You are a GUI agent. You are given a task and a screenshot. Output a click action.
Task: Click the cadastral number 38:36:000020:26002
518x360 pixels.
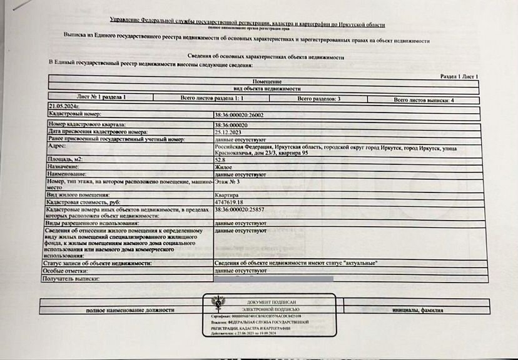click(239, 115)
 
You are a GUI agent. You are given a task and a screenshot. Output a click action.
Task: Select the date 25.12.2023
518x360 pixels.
click(228, 132)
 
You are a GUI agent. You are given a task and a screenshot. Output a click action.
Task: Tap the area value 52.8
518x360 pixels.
click(221, 161)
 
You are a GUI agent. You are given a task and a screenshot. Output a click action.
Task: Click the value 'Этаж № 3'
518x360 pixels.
click(226, 181)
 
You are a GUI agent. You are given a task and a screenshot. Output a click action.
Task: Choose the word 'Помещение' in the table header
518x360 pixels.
click(267, 82)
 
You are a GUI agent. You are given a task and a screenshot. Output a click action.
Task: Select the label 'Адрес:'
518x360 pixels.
click(57, 146)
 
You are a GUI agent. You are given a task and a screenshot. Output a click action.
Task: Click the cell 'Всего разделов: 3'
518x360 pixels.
click(319, 99)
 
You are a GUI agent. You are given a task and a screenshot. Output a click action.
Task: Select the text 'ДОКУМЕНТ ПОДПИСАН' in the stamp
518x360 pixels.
click(269, 302)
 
